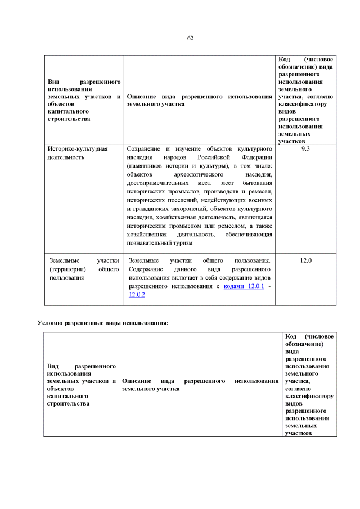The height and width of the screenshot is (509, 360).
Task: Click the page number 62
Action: coord(190,38)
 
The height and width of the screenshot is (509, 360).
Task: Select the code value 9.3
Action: coord(305,149)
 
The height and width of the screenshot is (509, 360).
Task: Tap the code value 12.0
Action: coord(305,260)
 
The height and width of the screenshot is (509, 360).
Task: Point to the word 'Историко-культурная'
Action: coord(78,149)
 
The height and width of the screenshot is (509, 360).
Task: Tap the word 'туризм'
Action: coord(182,242)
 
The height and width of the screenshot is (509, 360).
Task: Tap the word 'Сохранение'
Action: coord(145,149)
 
